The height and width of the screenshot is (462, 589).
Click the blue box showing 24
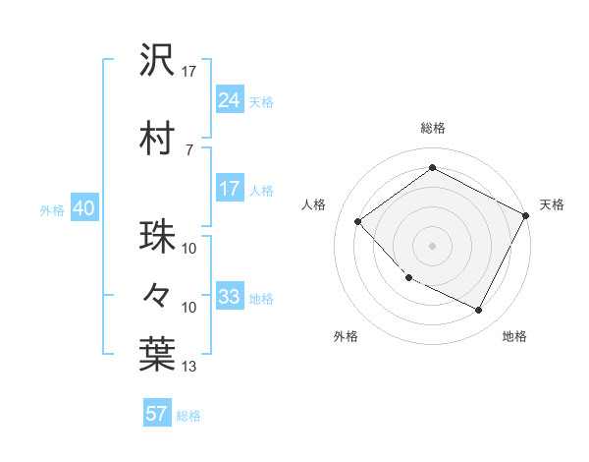click(230, 99)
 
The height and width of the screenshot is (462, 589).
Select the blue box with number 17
click(230, 189)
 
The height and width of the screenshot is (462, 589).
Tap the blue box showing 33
click(230, 297)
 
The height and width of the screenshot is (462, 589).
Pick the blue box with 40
click(82, 208)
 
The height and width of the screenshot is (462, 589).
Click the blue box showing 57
click(157, 414)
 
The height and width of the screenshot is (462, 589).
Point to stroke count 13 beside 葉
click(189, 367)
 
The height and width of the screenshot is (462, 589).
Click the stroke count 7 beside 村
click(189, 149)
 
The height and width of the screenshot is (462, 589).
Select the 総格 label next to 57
click(188, 416)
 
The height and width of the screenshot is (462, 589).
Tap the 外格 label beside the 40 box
click(52, 209)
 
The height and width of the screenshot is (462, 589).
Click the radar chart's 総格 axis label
click(432, 128)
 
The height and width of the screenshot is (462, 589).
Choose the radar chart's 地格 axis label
click(514, 336)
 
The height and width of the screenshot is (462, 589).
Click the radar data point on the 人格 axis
click(358, 221)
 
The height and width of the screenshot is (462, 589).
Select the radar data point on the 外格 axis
click(409, 278)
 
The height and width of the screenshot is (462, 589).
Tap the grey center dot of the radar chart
click(432, 246)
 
